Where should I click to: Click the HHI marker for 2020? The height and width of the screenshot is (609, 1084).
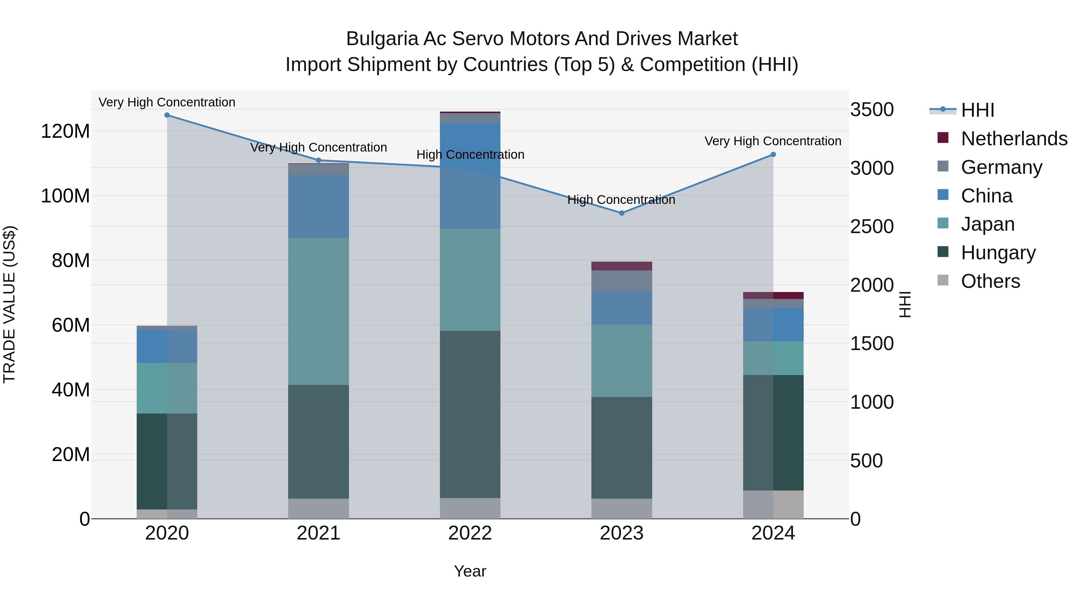pyautogui.click(x=167, y=115)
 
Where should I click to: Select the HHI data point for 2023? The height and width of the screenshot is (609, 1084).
pyautogui.click(x=621, y=213)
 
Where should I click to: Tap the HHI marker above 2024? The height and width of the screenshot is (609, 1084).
pyautogui.click(x=773, y=155)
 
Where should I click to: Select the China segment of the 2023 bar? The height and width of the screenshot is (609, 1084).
pyautogui.click(x=621, y=308)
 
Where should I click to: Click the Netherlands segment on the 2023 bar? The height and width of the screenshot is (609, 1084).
pyautogui.click(x=621, y=266)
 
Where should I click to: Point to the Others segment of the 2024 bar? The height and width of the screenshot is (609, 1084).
pyautogui.click(x=773, y=504)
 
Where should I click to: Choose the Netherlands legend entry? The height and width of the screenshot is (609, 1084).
pyautogui.click(x=1014, y=139)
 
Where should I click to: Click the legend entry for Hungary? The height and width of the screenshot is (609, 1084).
pyautogui.click(x=998, y=253)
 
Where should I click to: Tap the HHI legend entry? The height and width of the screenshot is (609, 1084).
pyautogui.click(x=977, y=110)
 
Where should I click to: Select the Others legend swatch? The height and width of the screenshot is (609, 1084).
pyautogui.click(x=943, y=280)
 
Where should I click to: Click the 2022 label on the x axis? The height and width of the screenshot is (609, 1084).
pyautogui.click(x=470, y=533)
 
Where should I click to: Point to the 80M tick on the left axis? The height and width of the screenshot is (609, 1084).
pyautogui.click(x=71, y=260)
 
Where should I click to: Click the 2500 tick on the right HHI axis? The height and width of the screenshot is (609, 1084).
pyautogui.click(x=871, y=226)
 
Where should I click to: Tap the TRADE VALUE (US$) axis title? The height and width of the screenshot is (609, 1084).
pyautogui.click(x=9, y=304)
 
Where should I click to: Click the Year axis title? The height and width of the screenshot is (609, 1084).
pyautogui.click(x=470, y=571)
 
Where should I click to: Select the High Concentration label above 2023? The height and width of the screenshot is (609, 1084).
pyautogui.click(x=621, y=200)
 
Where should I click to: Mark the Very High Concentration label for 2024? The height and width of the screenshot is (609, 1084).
pyautogui.click(x=773, y=141)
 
